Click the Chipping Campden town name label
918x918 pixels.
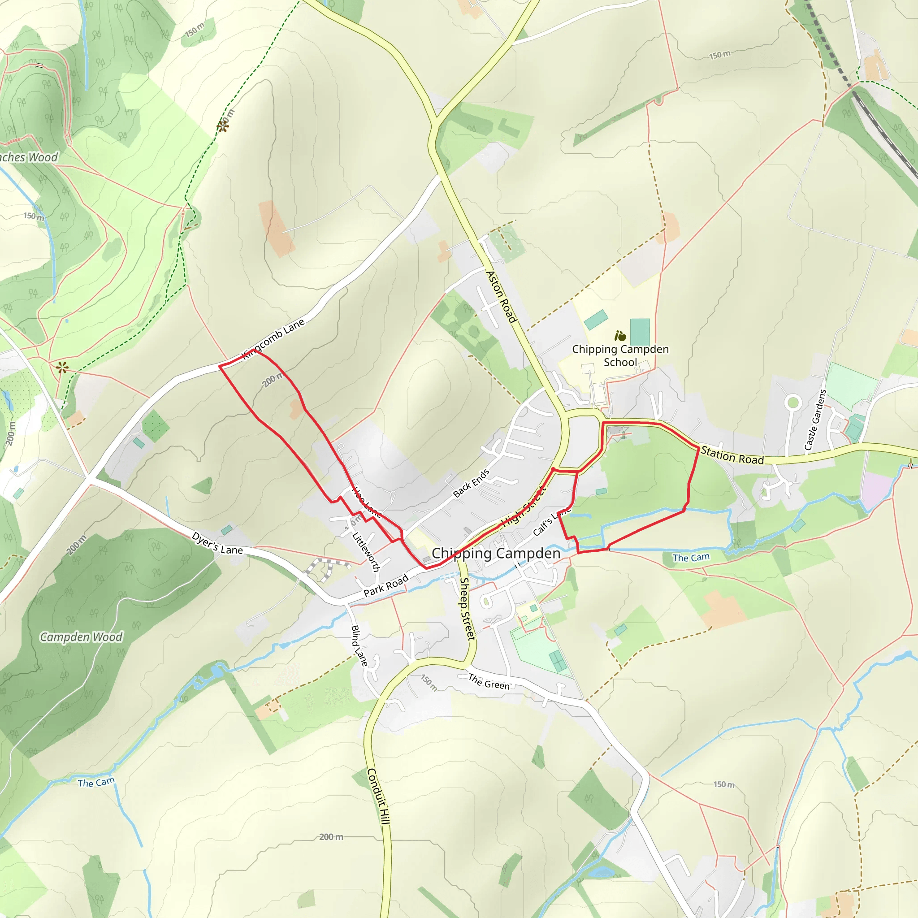(x=496, y=554)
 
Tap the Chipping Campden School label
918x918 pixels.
(x=620, y=356)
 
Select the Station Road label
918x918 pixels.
(x=732, y=456)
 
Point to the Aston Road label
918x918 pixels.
(x=501, y=297)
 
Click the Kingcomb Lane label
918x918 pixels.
(x=273, y=340)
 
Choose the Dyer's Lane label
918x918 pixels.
(x=217, y=544)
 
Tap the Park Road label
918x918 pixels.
(x=386, y=586)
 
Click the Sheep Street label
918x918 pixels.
(x=467, y=609)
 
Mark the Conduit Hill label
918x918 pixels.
(x=379, y=797)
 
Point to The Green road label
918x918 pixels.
(x=489, y=682)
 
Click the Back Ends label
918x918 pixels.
(x=471, y=483)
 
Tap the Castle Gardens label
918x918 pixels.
(x=816, y=420)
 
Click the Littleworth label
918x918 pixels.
(x=366, y=551)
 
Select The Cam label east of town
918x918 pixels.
(x=691, y=558)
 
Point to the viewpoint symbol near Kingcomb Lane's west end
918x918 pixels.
(x=62, y=367)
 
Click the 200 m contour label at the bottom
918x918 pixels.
(x=331, y=837)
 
